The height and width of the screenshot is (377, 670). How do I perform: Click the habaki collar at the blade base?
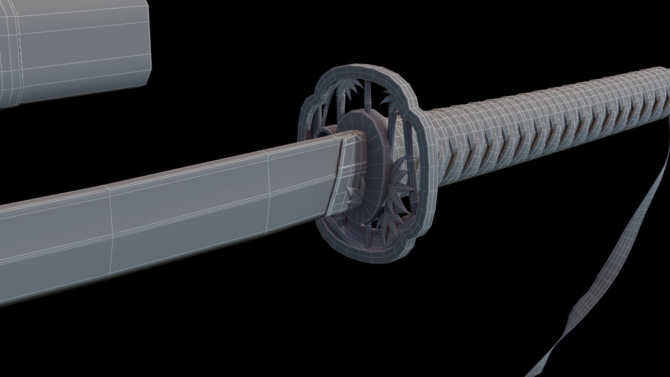[345, 175]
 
